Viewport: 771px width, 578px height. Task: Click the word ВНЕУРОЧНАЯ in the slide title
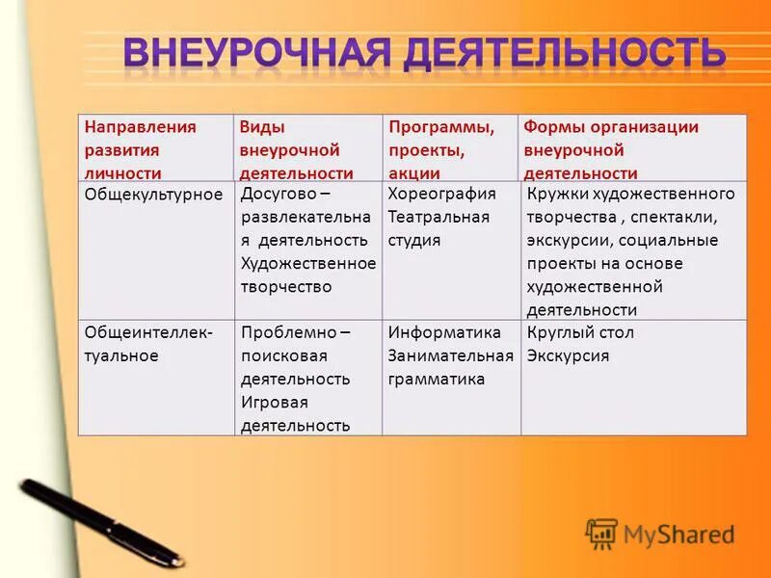tap(257, 54)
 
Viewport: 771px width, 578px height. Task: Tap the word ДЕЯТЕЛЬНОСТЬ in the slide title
tap(563, 54)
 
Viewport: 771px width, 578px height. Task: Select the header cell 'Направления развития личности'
tap(140, 149)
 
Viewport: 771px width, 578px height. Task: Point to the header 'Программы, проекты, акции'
tap(441, 149)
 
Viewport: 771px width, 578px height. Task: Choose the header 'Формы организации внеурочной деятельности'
tap(611, 149)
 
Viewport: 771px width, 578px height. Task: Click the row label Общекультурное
tap(153, 194)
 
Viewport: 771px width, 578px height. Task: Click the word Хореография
tap(441, 194)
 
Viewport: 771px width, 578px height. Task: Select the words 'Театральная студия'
tap(439, 228)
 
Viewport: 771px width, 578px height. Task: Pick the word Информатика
tap(444, 332)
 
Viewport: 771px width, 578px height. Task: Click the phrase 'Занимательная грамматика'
tap(450, 367)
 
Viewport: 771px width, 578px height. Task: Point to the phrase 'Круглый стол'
tap(580, 332)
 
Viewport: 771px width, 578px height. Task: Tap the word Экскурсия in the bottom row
tap(568, 355)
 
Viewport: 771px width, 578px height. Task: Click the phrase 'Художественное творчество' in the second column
tap(307, 275)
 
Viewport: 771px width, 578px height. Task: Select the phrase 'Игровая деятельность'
tap(295, 413)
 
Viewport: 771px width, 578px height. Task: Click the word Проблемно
tap(287, 332)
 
